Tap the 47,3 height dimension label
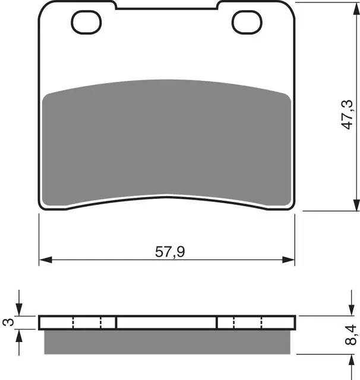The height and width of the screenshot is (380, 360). pyautogui.click(x=347, y=115)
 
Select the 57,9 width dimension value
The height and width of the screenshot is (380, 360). pyautogui.click(x=170, y=252)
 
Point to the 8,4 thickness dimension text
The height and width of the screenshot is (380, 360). pyautogui.click(x=350, y=335)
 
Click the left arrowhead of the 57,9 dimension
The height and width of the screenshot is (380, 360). pyautogui.click(x=46, y=260)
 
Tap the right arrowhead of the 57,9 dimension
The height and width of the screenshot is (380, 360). pyautogui.click(x=289, y=260)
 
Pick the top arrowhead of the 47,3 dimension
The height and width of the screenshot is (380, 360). pyautogui.click(x=356, y=9)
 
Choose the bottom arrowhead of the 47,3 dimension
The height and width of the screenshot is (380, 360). pyautogui.click(x=356, y=205)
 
